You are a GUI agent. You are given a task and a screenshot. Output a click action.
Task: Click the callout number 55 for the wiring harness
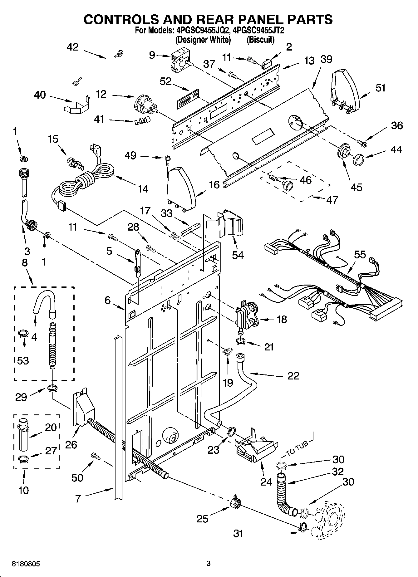360,254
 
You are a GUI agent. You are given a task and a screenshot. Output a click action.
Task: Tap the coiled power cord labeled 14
91,181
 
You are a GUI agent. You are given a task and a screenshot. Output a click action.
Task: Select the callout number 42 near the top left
72,47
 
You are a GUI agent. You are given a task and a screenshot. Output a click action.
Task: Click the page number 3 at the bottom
209,564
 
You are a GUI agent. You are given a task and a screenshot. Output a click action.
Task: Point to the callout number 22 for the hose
293,375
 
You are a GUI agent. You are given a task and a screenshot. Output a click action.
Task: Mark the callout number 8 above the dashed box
25,263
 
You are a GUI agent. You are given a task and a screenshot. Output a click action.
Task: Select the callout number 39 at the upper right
326,59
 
